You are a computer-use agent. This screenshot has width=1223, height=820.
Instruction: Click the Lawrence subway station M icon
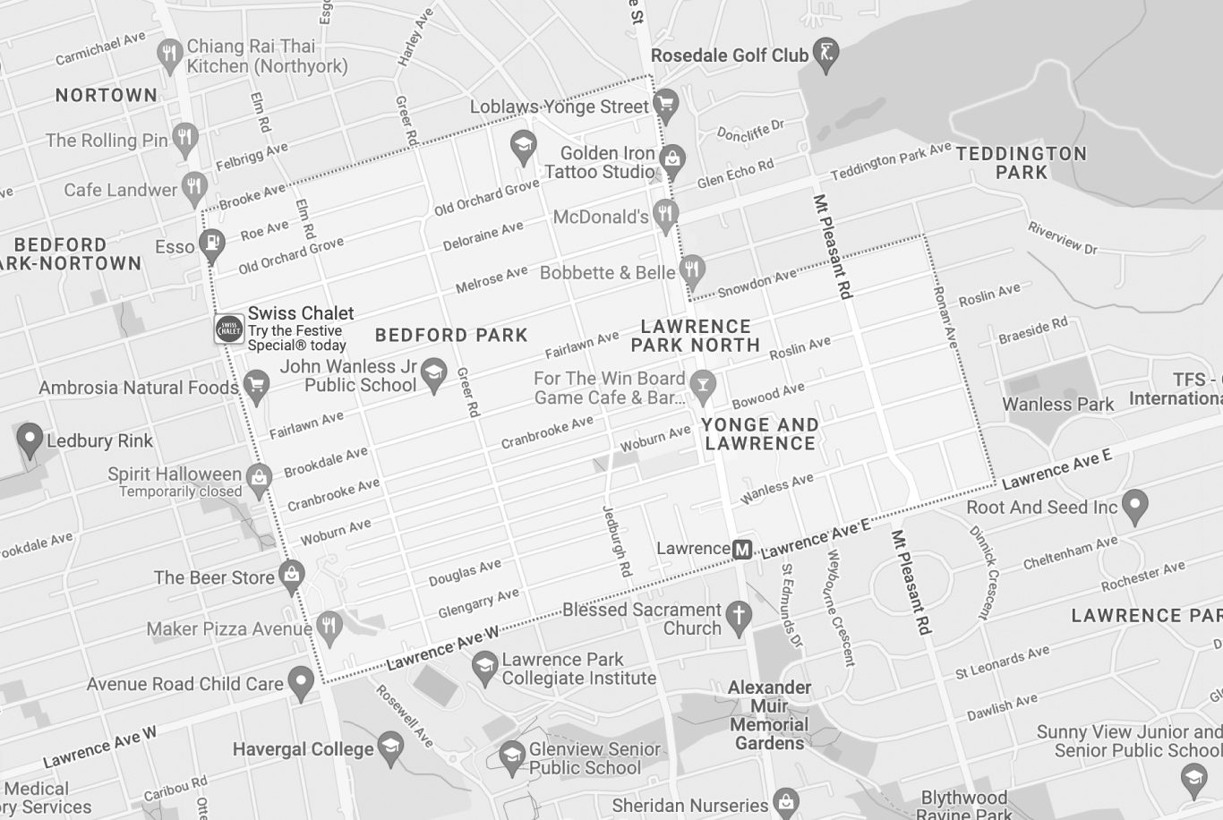[741, 549]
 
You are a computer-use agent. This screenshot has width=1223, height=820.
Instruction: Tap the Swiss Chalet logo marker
[229, 329]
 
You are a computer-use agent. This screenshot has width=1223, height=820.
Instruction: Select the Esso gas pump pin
[212, 244]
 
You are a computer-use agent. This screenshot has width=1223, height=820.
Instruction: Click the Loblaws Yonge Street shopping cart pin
[665, 105]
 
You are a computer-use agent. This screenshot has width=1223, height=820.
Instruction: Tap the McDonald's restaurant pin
[664, 214]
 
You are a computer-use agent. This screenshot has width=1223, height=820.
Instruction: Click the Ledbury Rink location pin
[30, 439]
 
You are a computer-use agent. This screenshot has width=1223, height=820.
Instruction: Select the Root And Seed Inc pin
[1134, 505]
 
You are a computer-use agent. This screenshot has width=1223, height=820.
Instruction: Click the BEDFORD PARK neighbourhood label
[451, 335]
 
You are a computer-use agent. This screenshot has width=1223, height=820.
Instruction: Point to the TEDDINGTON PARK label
[1021, 162]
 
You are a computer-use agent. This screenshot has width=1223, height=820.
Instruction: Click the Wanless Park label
[1057, 404]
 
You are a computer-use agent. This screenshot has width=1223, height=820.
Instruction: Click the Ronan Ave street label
[944, 317]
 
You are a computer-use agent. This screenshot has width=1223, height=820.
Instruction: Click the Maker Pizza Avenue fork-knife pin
[329, 627]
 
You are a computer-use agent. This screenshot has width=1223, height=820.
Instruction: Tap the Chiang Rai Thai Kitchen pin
[169, 54]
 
